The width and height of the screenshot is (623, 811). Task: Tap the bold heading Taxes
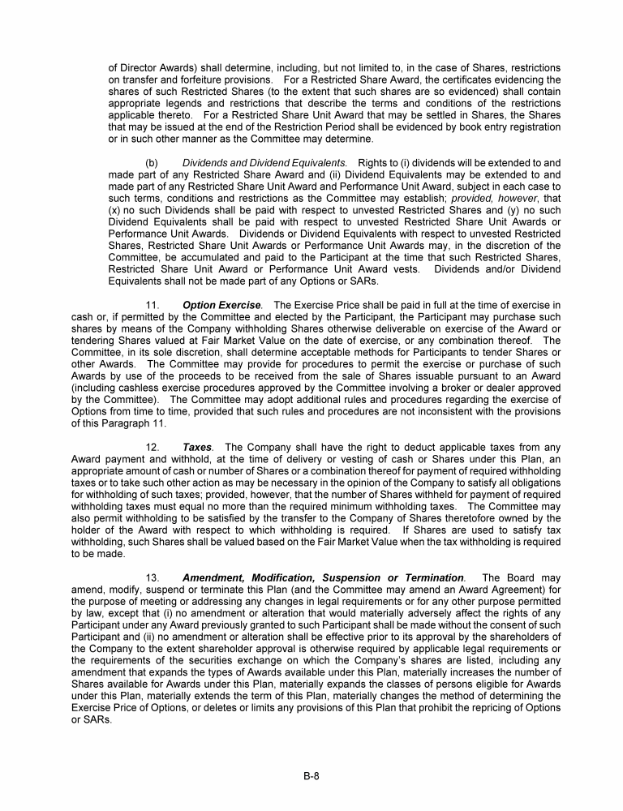[x=196, y=447]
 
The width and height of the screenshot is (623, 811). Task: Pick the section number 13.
[x=153, y=577]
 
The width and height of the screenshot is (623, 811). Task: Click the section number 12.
[x=153, y=447]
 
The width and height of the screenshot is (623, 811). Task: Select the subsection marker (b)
[x=152, y=163]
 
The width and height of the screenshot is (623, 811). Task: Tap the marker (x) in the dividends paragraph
[x=114, y=210]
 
